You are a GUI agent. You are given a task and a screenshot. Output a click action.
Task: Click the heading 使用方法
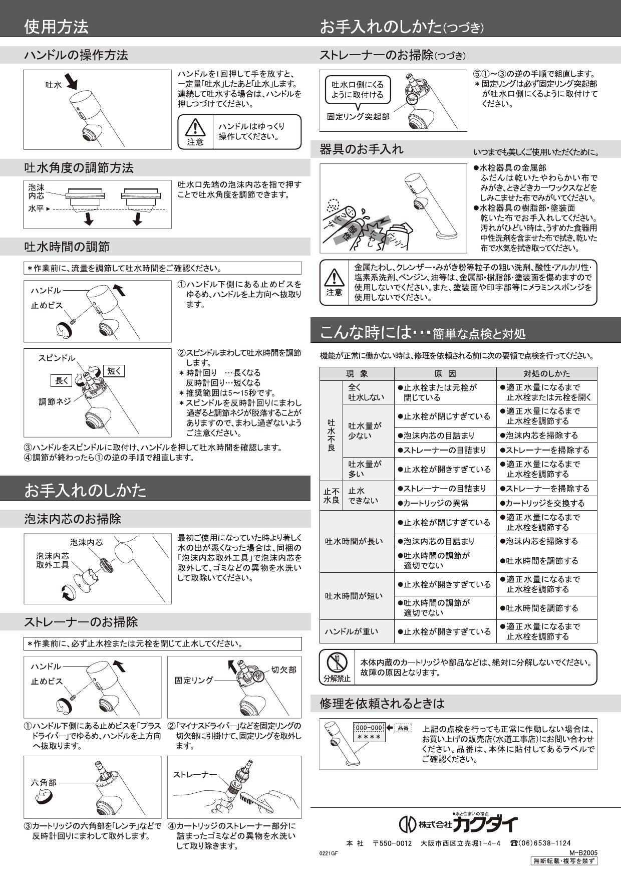(x=56, y=26)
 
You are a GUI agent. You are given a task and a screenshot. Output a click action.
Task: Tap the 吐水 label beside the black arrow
(x=53, y=85)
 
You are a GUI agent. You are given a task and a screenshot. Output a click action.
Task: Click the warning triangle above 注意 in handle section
(x=195, y=128)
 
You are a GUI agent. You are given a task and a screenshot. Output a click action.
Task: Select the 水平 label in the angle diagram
(x=36, y=208)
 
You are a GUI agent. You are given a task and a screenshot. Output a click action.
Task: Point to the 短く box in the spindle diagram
(x=114, y=371)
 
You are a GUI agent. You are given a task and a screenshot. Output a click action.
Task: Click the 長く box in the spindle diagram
(x=62, y=381)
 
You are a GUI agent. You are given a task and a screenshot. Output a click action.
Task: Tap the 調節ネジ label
(x=55, y=401)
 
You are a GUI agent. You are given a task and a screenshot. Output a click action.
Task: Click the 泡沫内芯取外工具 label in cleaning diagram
(x=53, y=560)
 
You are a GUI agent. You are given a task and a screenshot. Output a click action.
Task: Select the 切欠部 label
(x=283, y=670)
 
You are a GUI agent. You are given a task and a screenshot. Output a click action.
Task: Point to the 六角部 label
(x=44, y=782)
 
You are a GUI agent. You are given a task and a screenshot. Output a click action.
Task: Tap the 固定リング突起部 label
(x=358, y=117)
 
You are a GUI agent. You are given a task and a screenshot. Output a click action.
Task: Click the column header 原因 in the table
(x=445, y=374)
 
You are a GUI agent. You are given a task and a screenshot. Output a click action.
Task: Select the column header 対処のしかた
(x=546, y=374)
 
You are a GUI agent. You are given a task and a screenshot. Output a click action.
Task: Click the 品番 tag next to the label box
(x=403, y=728)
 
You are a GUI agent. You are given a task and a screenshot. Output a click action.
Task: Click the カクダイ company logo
(x=457, y=824)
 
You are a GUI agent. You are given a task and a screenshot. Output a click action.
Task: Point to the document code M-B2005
(x=583, y=852)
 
